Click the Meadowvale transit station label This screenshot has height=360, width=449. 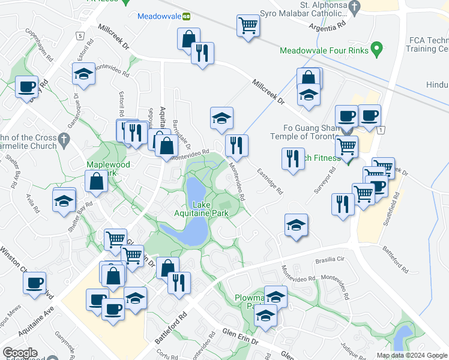pyautogui.click(x=160, y=16)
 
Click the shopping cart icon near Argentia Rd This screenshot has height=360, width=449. pyautogui.click(x=248, y=26)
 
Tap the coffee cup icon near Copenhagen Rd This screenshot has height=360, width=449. pyautogui.click(x=27, y=87)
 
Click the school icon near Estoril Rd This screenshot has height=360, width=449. pyautogui.click(x=83, y=74)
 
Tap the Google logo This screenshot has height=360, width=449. pyautogui.click(x=20, y=353)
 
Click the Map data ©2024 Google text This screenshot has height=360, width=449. pyautogui.click(x=411, y=355)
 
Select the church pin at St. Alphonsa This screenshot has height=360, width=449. pyautogui.click(x=355, y=7)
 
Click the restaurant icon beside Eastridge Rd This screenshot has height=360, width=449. pyautogui.click(x=292, y=159)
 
